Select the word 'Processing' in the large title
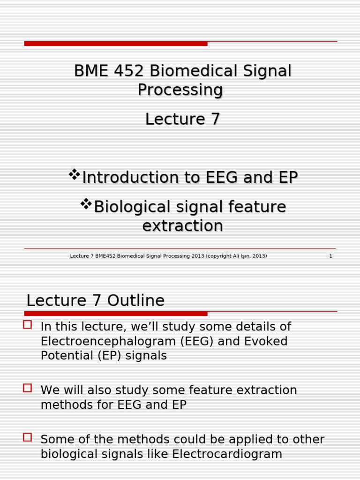(x=180, y=90)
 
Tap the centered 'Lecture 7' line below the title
(x=182, y=120)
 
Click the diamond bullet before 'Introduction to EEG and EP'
(x=74, y=175)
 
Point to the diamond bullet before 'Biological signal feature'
(x=86, y=204)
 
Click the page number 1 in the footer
(x=330, y=256)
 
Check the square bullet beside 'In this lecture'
(x=28, y=324)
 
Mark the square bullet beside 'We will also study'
(x=28, y=388)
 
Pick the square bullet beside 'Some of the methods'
(x=28, y=437)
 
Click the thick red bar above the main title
(x=116, y=44)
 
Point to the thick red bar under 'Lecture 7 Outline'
(x=116, y=314)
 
